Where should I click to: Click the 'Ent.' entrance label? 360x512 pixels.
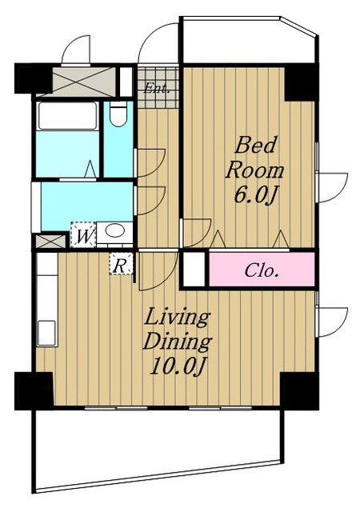click(x=157, y=88)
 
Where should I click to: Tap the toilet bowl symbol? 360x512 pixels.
click(x=118, y=114)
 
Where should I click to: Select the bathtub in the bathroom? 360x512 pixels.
click(x=68, y=116)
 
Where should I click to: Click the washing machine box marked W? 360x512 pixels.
click(x=83, y=234)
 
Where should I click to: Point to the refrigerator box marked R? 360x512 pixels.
click(x=121, y=263)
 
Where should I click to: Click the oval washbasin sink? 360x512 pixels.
click(x=115, y=231)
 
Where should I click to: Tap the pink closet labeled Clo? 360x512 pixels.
click(x=262, y=270)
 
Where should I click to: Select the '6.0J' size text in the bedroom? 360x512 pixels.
click(x=256, y=195)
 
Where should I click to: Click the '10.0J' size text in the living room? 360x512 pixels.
click(x=178, y=366)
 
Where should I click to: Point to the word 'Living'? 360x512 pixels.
click(x=177, y=317)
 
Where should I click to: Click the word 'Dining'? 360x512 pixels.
click(x=178, y=342)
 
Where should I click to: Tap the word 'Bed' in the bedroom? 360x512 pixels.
click(x=255, y=146)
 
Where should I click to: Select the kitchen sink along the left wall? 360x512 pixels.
click(x=46, y=333)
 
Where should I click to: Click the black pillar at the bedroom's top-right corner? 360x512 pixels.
click(x=302, y=82)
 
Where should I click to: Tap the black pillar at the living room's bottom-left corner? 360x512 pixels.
click(x=34, y=391)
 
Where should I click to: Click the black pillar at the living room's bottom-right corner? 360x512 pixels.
click(x=299, y=391)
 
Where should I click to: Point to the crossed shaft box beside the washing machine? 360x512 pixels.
click(x=50, y=242)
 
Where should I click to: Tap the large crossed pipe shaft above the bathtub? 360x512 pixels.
click(x=76, y=82)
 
